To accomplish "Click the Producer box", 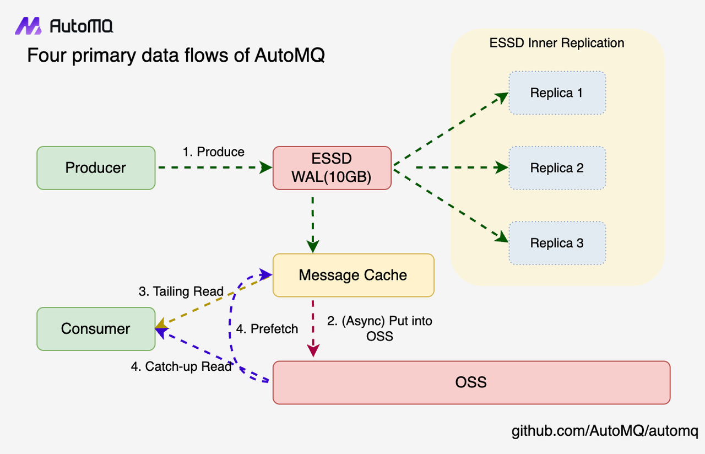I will (96, 168).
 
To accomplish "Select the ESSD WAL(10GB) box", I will (332, 168).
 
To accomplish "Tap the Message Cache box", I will (353, 275).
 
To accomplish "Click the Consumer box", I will (96, 329).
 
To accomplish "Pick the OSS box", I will (471, 382).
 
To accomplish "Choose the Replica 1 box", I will (556, 93).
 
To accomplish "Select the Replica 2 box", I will (556, 168).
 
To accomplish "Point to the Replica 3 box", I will (556, 243).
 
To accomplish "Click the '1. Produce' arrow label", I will (213, 152).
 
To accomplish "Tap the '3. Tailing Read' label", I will (181, 291).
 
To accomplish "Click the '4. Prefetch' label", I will (267, 329).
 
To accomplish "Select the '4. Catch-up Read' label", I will (181, 366).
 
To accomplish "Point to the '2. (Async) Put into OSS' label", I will (379, 328).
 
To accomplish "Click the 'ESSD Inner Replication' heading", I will (556, 43).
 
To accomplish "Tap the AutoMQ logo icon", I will (28, 26).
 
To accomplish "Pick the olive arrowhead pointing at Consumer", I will (161, 327).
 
